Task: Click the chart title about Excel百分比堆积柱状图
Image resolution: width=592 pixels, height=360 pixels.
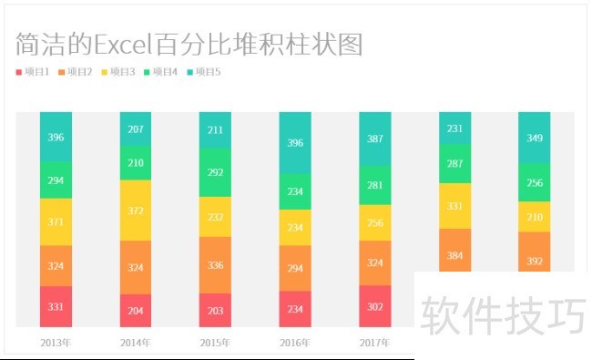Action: [x=189, y=43]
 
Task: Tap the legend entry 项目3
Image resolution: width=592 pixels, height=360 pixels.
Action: [x=118, y=71]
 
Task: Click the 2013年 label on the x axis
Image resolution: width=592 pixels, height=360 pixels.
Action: [x=56, y=343]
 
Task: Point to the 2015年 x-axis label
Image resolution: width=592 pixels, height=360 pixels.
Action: [x=215, y=343]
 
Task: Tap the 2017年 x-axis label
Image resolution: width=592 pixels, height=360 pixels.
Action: [x=374, y=343]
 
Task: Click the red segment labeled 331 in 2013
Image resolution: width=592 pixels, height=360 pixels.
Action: [x=56, y=306]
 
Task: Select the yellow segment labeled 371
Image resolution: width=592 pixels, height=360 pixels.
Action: [x=56, y=222]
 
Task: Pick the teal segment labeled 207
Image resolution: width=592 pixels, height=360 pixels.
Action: [x=136, y=129]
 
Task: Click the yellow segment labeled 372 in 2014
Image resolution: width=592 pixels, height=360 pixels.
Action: [x=136, y=211]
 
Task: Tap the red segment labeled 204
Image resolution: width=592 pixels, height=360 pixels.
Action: [x=136, y=310]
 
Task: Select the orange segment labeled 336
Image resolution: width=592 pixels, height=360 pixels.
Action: [x=215, y=265]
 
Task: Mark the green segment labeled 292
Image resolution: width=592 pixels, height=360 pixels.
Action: [x=215, y=171]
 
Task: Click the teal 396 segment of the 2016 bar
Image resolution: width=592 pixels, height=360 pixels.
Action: [x=295, y=143]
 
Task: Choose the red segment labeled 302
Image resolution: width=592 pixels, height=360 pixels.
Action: [x=374, y=306]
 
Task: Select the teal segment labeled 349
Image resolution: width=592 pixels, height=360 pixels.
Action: [x=535, y=138]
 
